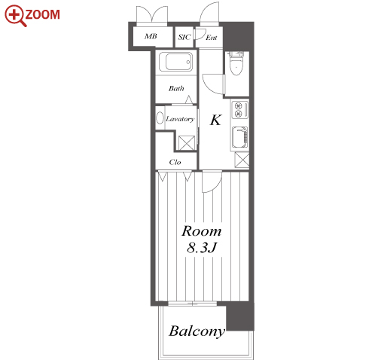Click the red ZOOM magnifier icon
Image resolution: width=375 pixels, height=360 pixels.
click(16, 16)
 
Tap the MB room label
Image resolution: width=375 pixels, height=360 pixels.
click(151, 36)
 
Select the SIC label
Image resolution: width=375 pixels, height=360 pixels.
click(184, 37)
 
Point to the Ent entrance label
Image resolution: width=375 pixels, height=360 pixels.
click(212, 38)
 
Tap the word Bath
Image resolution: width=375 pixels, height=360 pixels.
click(176, 88)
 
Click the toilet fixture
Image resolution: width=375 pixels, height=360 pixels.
click(236, 64)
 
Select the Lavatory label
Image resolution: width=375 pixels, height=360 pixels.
click(180, 119)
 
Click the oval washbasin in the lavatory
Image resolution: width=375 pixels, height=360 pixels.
click(160, 117)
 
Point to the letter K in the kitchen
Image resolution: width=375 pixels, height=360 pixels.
click(215, 120)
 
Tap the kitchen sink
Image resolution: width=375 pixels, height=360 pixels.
click(240, 137)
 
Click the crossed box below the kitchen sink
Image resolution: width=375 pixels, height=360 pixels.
click(242, 160)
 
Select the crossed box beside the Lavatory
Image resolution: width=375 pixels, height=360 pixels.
click(187, 143)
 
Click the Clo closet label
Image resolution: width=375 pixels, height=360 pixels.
click(175, 162)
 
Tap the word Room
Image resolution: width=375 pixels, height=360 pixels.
click(202, 231)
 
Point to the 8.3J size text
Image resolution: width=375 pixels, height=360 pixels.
click(202, 248)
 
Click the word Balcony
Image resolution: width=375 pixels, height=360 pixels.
click(197, 331)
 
